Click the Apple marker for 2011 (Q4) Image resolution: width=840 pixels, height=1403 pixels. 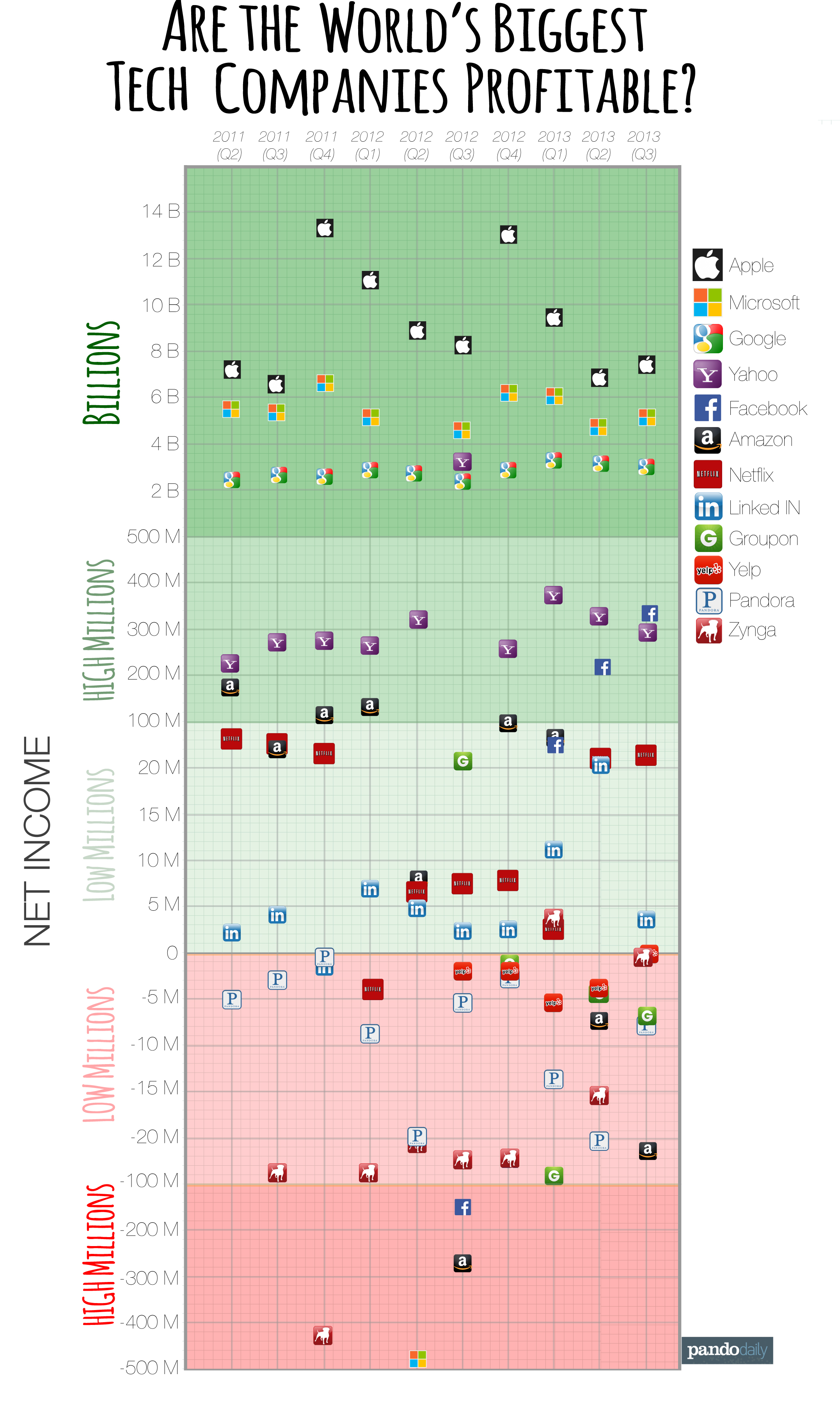tap(324, 228)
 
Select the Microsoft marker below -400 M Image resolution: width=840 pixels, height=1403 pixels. tap(418, 1358)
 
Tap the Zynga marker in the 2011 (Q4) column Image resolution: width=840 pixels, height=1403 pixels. tap(323, 1335)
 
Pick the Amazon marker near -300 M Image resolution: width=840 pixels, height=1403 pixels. tap(462, 1262)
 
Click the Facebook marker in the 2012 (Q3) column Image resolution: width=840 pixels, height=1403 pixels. tap(462, 1207)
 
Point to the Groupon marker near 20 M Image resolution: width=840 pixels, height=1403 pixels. tap(462, 761)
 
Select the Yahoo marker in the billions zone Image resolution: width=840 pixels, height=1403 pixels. tap(462, 462)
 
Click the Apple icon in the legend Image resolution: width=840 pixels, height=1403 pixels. tap(708, 264)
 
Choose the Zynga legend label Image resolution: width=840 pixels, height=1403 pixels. tap(752, 630)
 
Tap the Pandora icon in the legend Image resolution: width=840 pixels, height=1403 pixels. tap(709, 600)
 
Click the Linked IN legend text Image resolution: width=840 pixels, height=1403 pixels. tap(764, 508)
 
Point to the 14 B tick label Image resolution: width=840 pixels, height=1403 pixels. tap(161, 212)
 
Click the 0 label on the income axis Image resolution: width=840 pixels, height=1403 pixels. tap(172, 953)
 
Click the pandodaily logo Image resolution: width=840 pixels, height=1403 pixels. tap(727, 1350)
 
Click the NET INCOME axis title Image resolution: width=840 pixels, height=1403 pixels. tap(37, 841)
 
